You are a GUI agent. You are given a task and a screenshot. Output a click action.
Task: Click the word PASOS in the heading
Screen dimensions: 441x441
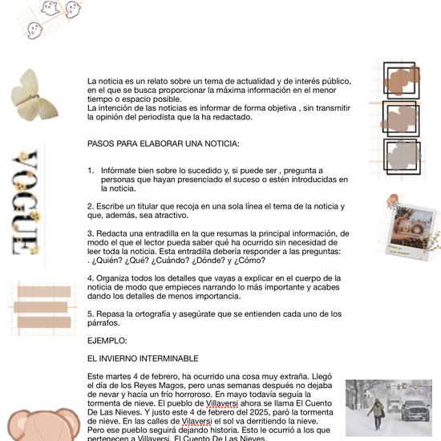[101, 144]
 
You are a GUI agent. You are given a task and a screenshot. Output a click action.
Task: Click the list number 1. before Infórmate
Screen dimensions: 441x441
[91, 171]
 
